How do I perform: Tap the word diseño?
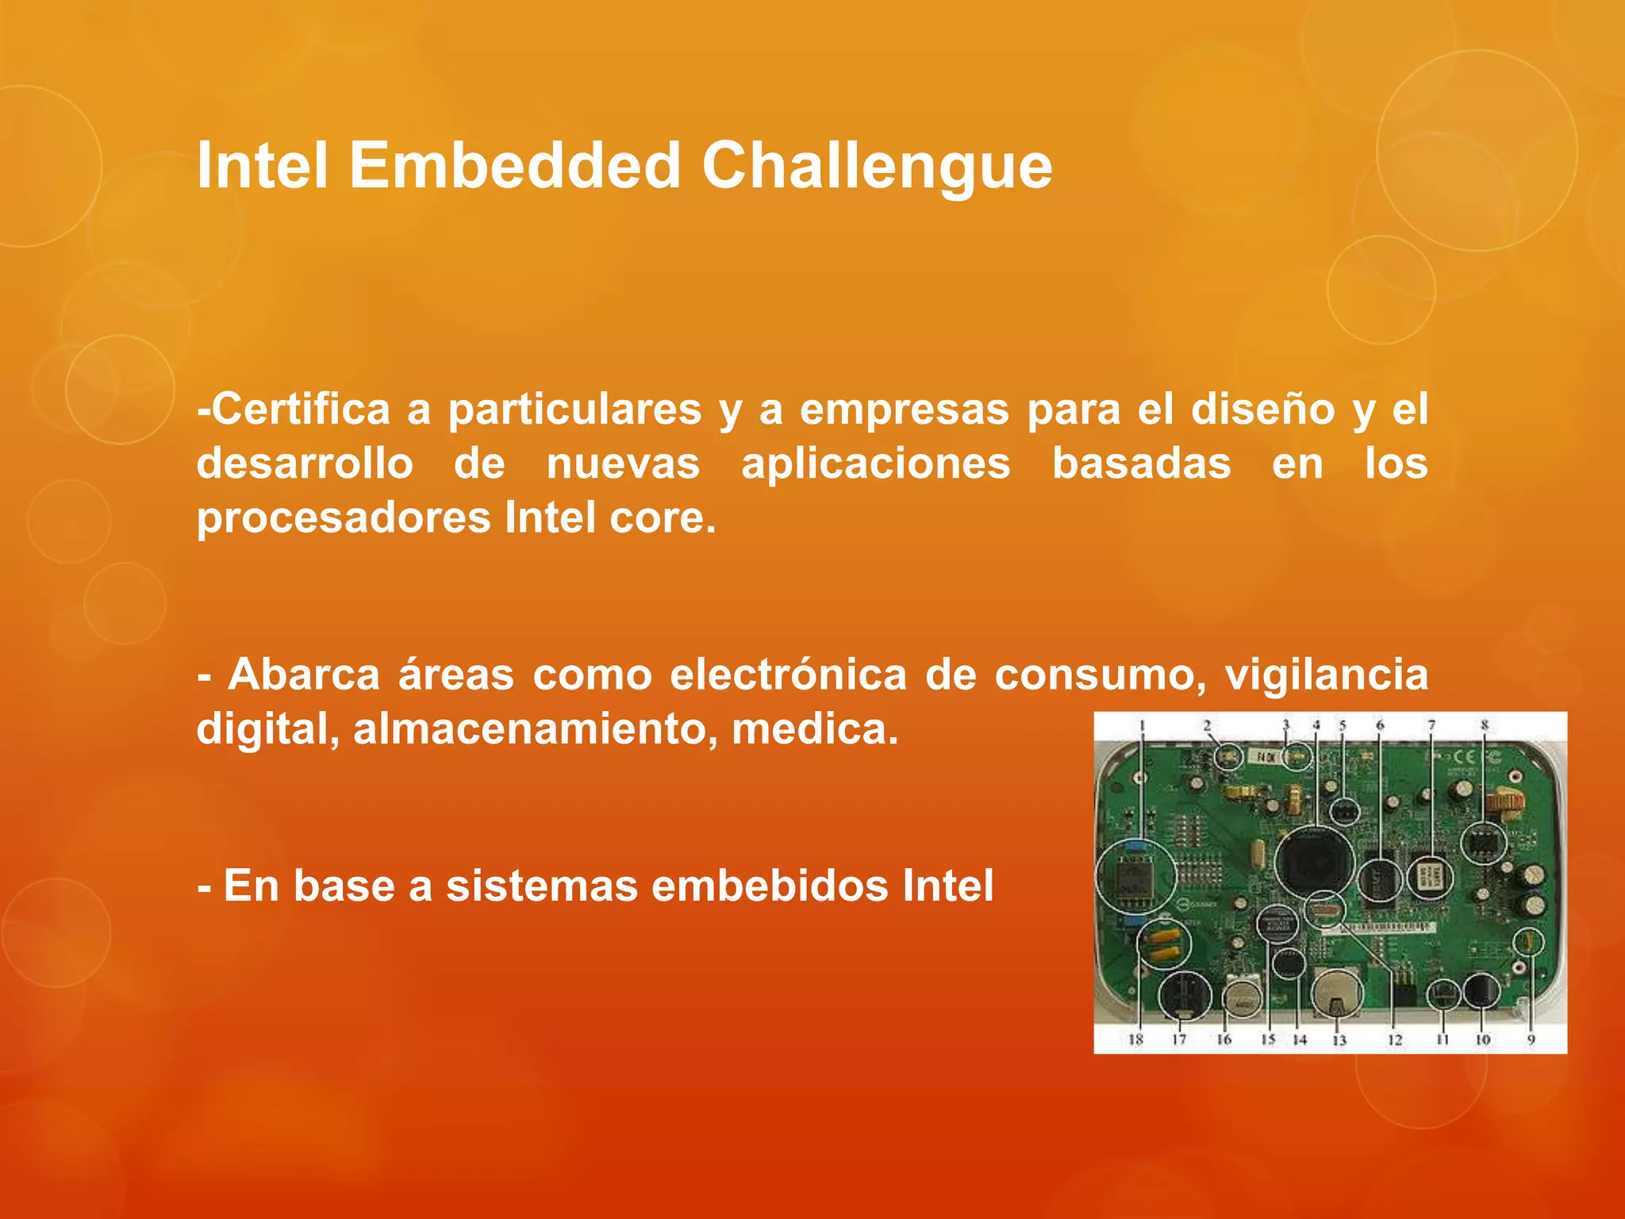(x=1262, y=410)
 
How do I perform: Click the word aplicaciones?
(x=876, y=464)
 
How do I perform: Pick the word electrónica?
(x=788, y=675)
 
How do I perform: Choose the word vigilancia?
(x=1326, y=675)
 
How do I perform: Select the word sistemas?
(x=541, y=886)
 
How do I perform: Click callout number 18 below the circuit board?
(x=1135, y=1040)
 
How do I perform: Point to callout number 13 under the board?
(x=1339, y=1040)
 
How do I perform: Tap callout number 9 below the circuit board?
(x=1531, y=1040)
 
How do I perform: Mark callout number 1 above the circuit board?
(x=1143, y=725)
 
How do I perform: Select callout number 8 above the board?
(x=1484, y=725)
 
